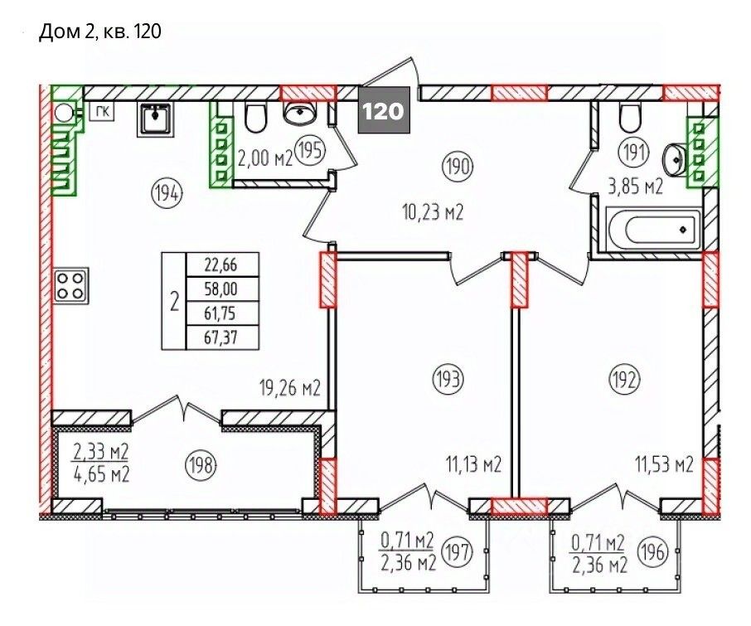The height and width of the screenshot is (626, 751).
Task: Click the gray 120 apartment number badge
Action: pos(384,110)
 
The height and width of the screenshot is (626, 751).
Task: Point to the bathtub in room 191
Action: pos(653,229)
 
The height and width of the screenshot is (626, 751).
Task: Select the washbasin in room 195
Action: pos(300,113)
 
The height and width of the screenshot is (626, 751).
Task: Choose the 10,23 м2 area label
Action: pos(434,211)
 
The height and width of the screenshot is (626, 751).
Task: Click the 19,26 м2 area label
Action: pos(290,388)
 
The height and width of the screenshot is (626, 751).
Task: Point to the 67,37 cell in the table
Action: pos(220,338)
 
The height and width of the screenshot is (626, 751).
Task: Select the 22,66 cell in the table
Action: pos(220,264)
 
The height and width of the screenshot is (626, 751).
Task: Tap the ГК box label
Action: pos(102,113)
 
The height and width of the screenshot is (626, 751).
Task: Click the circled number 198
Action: pos(201,464)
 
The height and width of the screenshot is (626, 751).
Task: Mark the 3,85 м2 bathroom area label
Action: pos(635,187)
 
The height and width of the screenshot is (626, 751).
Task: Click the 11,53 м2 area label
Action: pos(664,463)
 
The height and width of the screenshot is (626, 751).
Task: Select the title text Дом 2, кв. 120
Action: pos(99,32)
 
